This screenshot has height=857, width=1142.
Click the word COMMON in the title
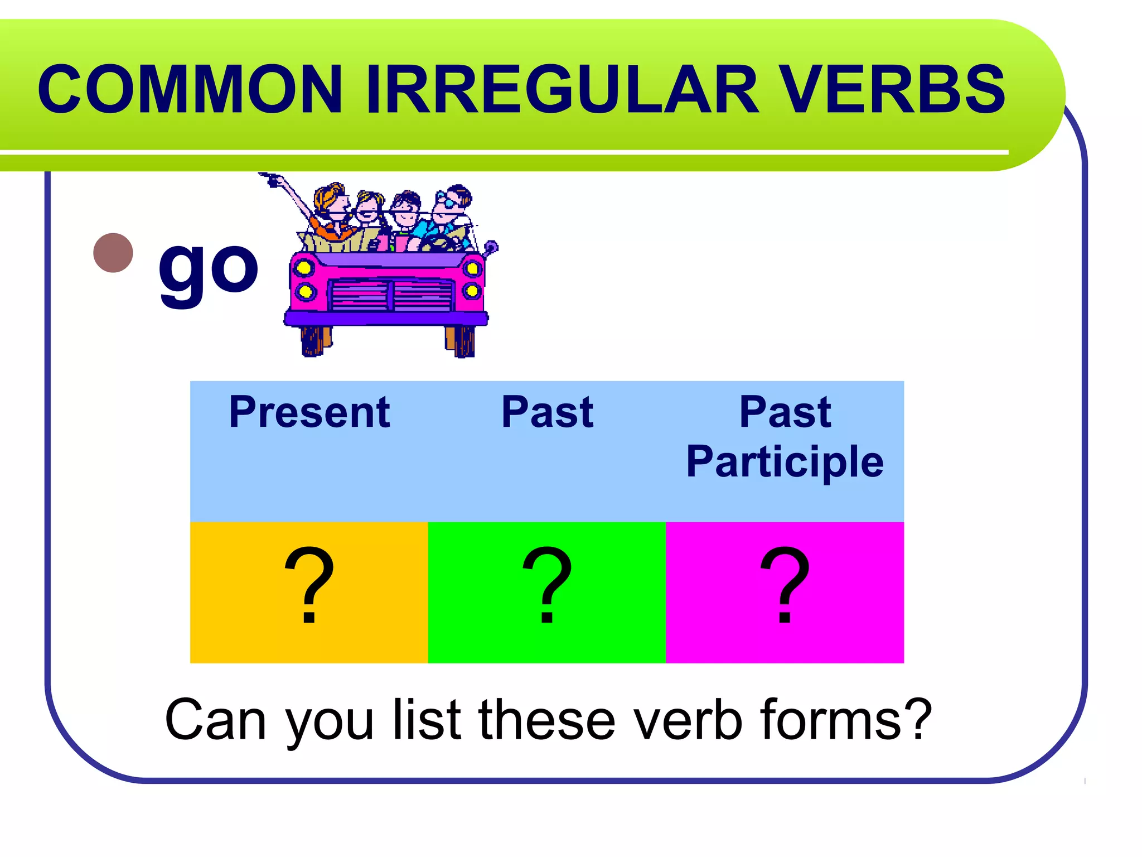pyautogui.click(x=190, y=89)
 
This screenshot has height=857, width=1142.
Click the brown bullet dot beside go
pyautogui.click(x=113, y=253)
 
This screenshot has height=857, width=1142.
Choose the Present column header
pyautogui.click(x=309, y=412)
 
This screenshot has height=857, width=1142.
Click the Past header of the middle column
pyautogui.click(x=547, y=412)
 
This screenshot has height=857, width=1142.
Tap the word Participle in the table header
pyautogui.click(x=785, y=462)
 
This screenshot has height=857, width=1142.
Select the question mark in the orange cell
pyautogui.click(x=309, y=586)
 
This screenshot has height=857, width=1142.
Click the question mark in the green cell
pyautogui.click(x=547, y=586)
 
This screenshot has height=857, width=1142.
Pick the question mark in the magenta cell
pyautogui.click(x=785, y=586)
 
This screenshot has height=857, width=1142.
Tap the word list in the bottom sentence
pyautogui.click(x=427, y=720)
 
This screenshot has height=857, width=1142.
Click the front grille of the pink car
pyautogui.click(x=390, y=296)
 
